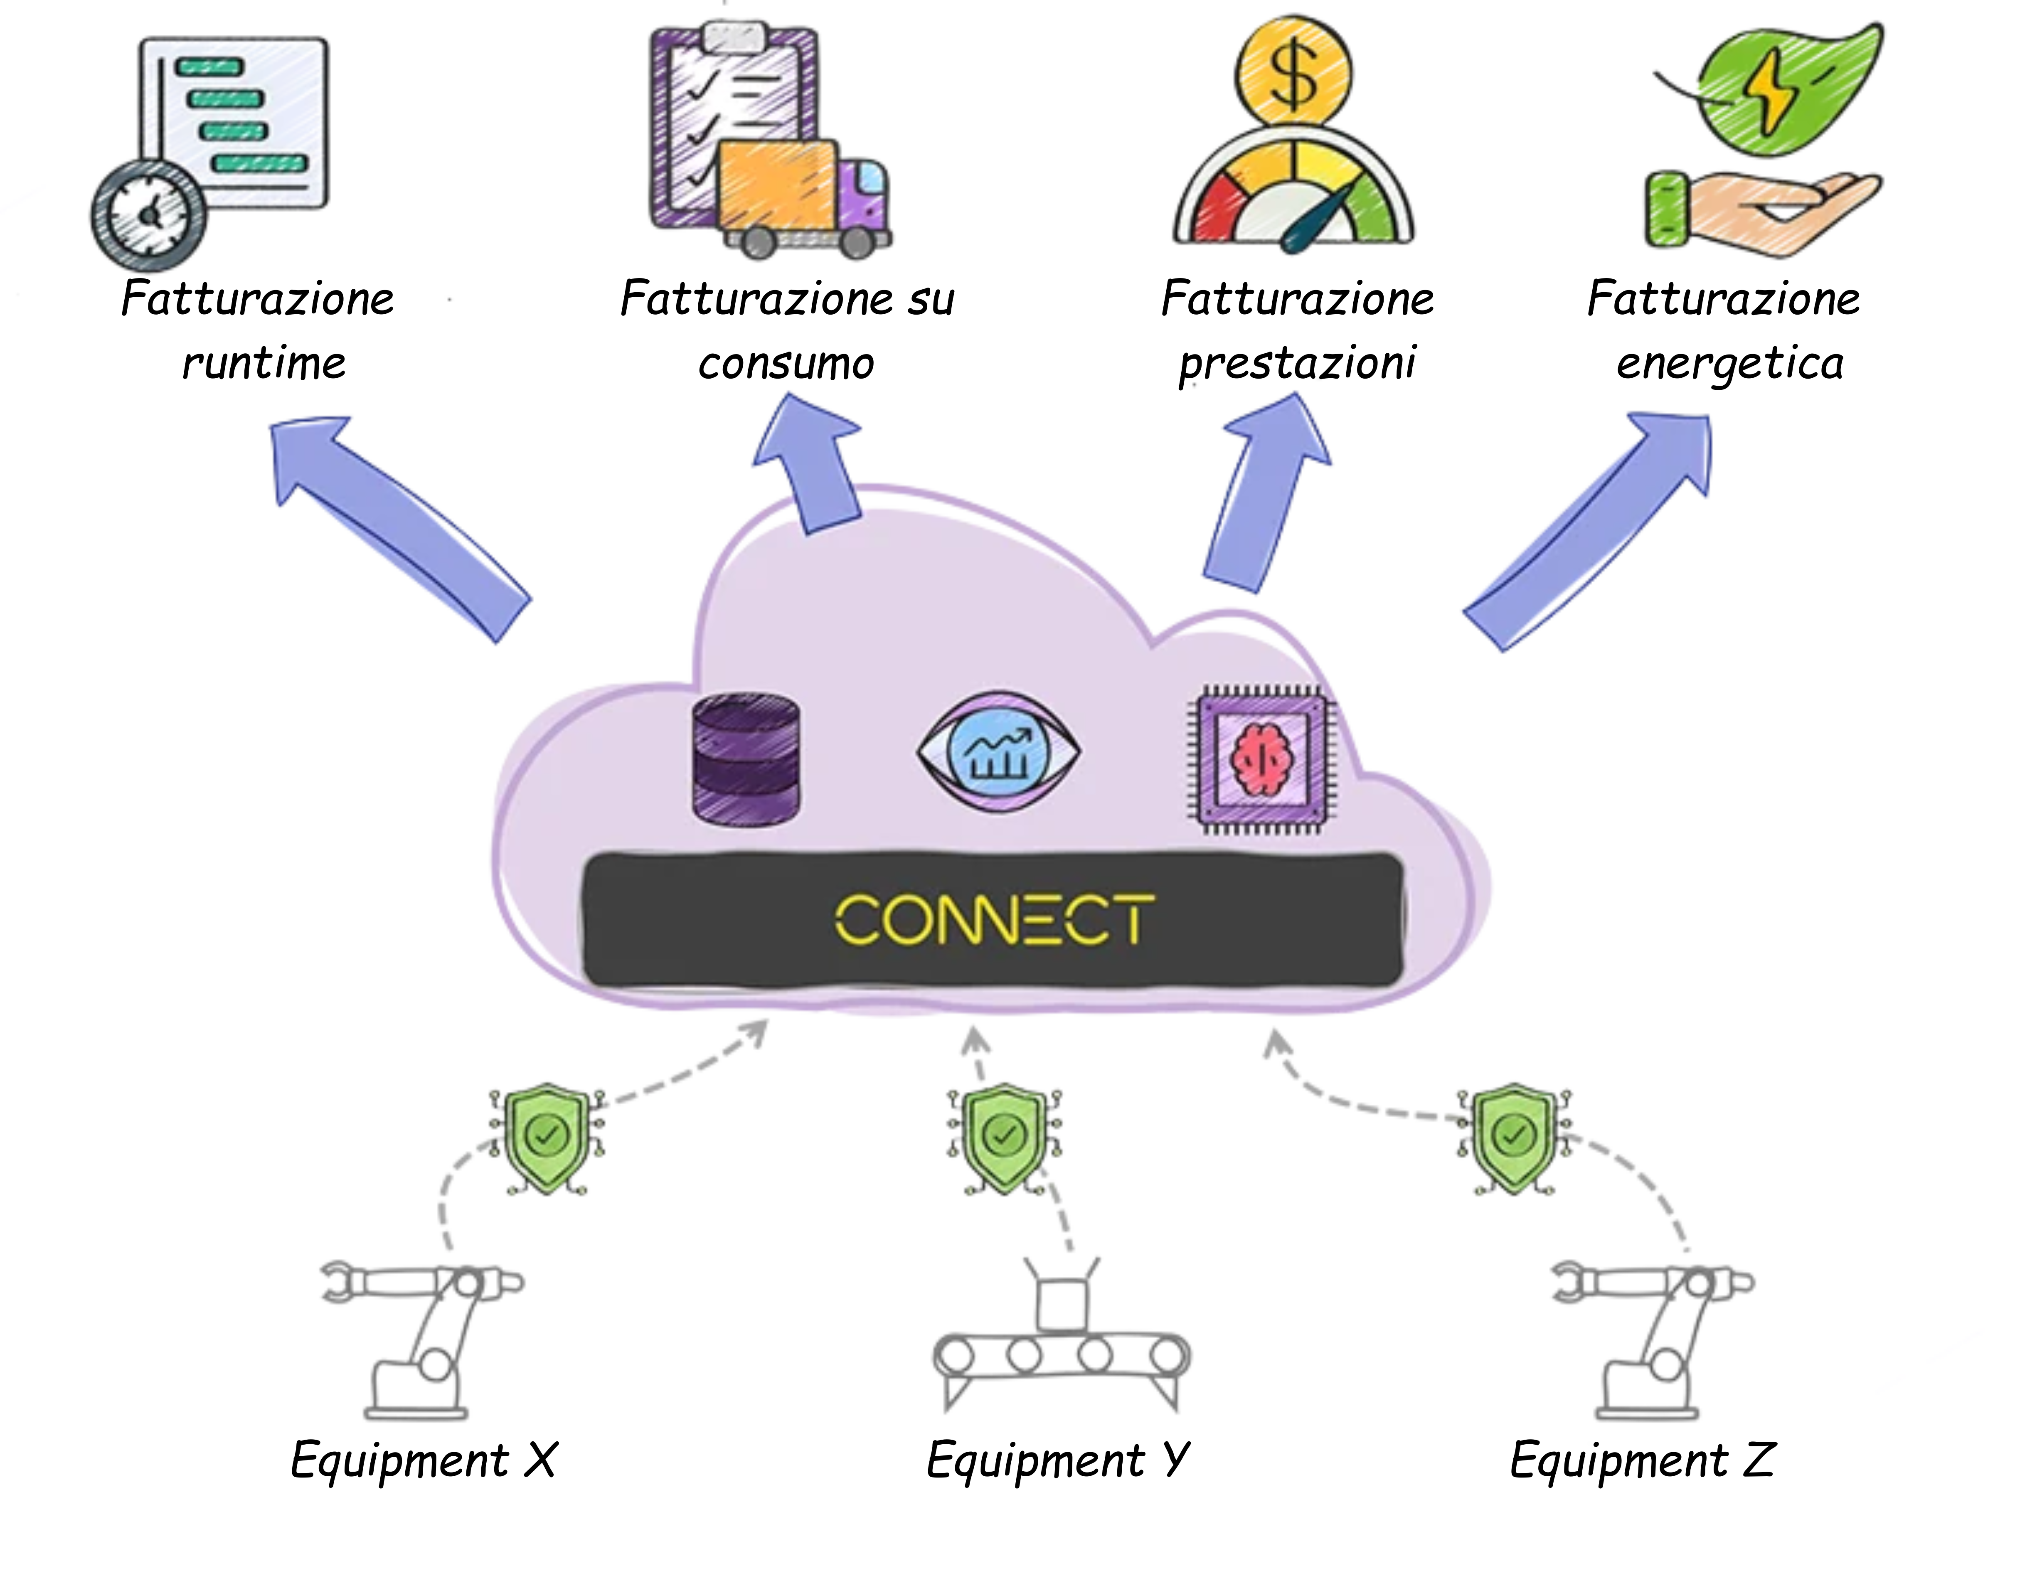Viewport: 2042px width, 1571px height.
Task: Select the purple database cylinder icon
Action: (746, 759)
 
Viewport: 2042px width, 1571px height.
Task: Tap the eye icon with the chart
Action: (999, 752)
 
